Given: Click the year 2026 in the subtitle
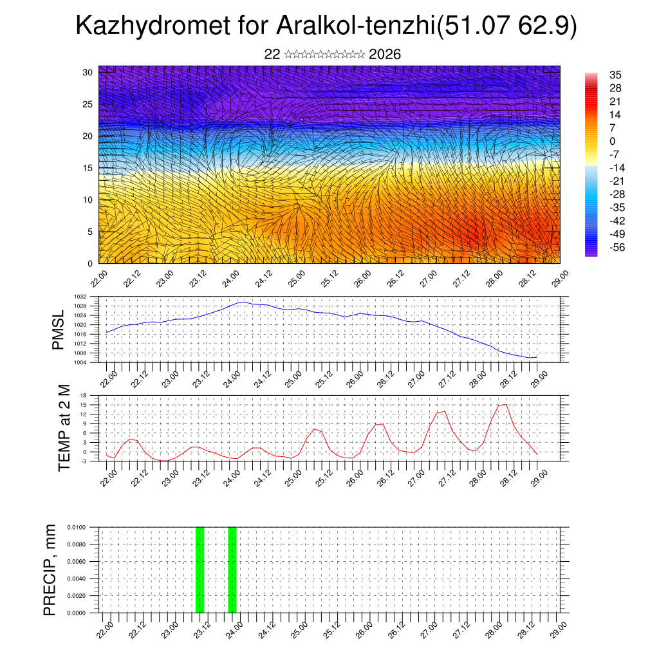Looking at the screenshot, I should (385, 55).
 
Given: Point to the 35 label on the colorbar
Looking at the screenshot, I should (615, 75).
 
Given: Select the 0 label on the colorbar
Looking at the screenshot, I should (613, 141).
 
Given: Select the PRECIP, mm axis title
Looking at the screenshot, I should (50, 570).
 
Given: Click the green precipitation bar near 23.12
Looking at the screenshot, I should (200, 570).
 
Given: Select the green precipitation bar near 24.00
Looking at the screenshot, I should (232, 570).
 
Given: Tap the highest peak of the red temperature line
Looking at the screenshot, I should (505, 404).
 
